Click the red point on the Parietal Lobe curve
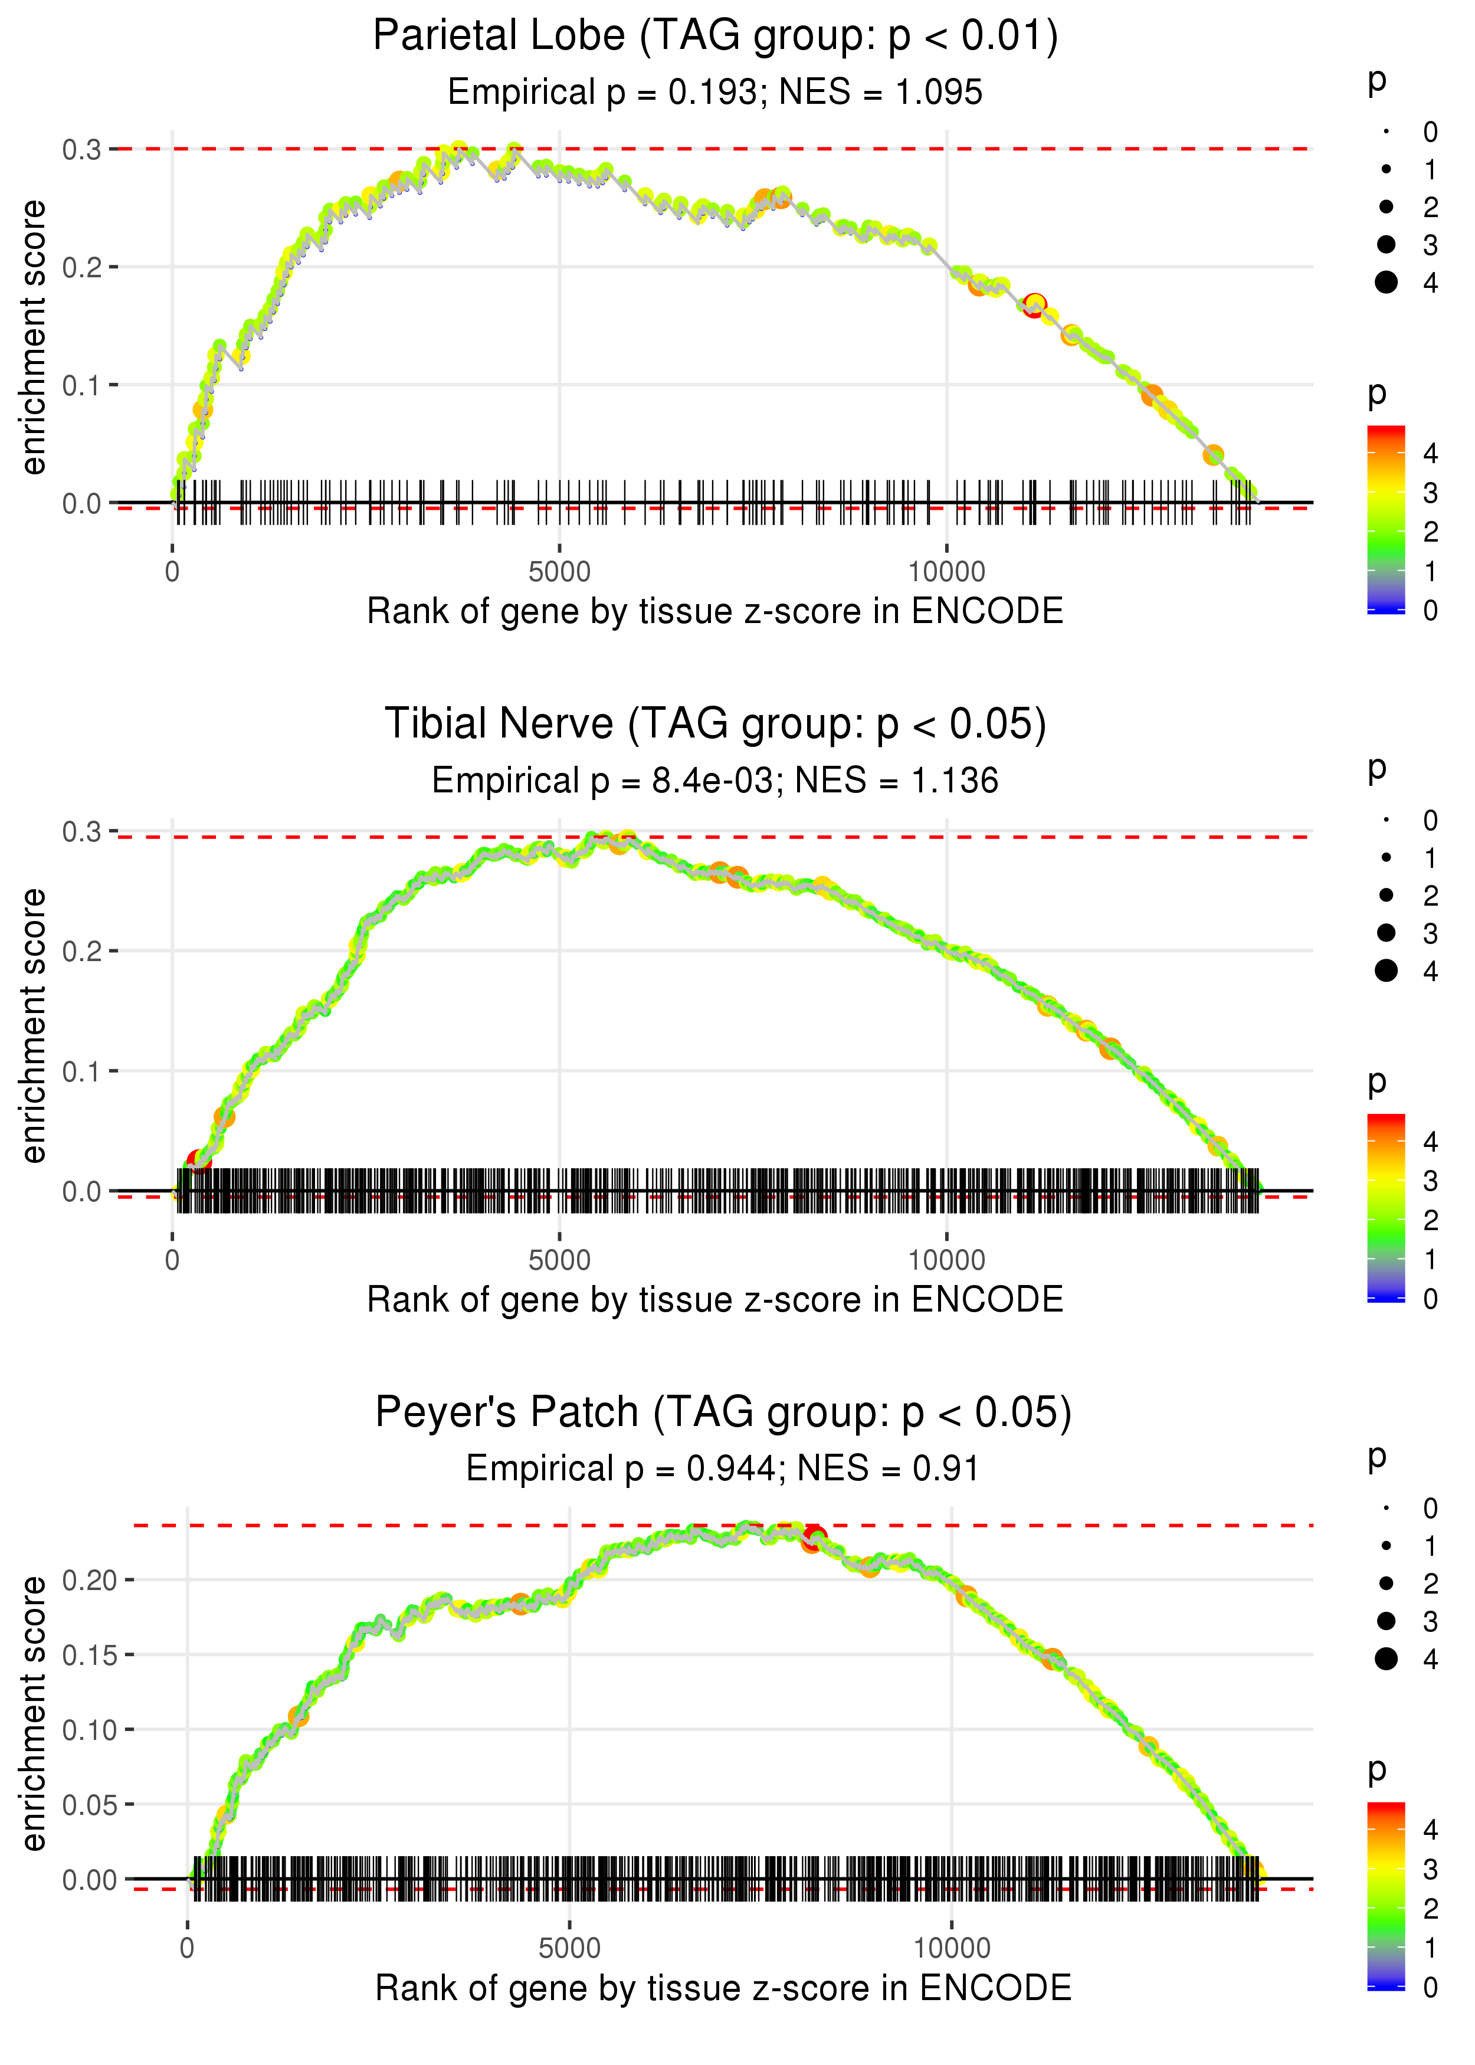1034,304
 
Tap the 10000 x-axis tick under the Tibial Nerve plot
946,1260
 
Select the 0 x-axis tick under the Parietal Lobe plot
172,572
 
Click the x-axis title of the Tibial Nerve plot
715,1300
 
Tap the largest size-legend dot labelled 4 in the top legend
1386,283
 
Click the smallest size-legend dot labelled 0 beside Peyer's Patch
1386,1509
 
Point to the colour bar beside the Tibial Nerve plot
1386,1207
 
